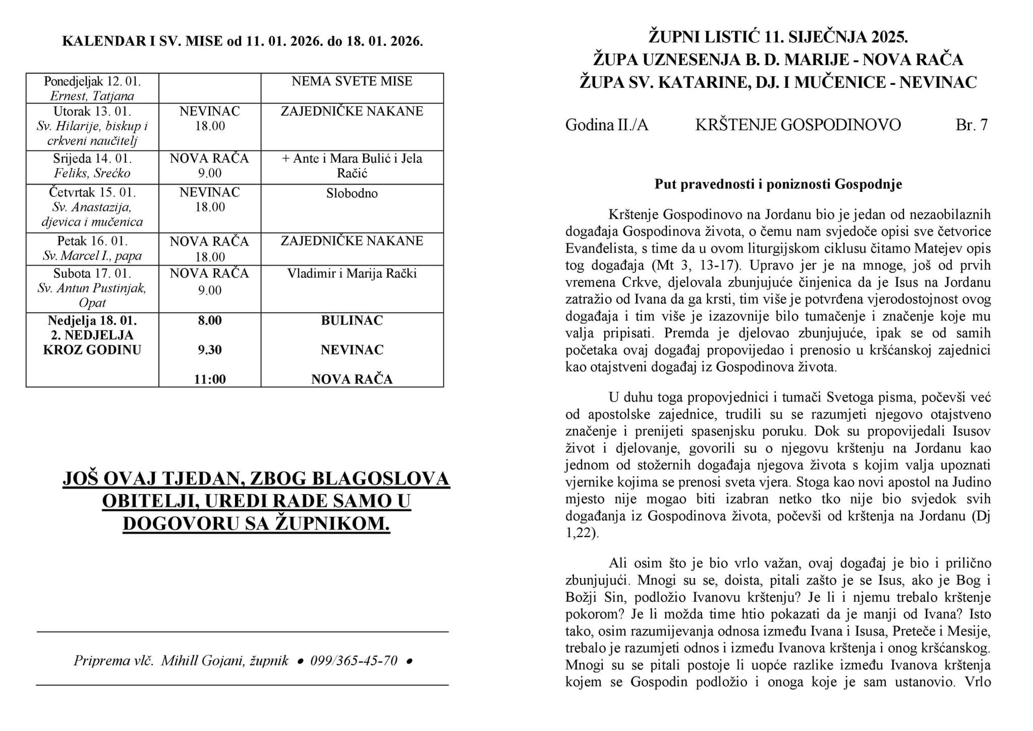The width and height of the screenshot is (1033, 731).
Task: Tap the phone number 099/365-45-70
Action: (354, 661)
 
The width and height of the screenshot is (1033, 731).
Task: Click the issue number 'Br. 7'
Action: (972, 125)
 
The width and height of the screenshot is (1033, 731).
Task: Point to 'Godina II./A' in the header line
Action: (606, 125)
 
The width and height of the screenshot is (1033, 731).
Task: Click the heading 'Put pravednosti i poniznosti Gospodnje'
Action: (778, 185)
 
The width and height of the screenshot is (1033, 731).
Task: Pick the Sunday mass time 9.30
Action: (210, 350)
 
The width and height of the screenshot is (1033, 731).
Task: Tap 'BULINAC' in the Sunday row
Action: (352, 321)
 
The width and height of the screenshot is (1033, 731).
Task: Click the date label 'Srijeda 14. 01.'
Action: (92, 159)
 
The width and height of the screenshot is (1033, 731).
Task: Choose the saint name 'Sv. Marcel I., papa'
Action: (92, 256)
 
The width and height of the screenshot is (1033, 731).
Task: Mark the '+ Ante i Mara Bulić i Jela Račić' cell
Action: (352, 165)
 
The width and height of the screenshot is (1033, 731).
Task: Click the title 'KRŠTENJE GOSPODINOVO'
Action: (798, 125)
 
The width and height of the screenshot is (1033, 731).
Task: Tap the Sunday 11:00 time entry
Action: (210, 379)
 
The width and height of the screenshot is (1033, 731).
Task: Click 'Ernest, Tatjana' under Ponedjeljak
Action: (92, 96)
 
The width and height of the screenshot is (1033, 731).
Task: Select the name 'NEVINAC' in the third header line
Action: (938, 82)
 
